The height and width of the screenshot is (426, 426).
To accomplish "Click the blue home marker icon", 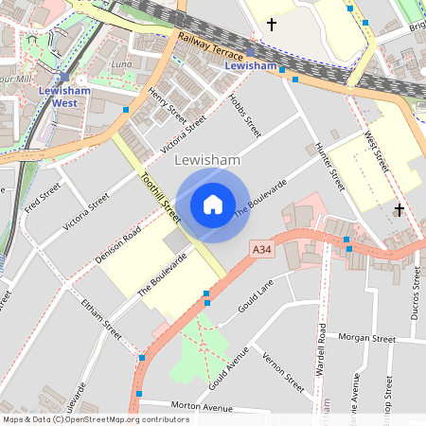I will (213, 204).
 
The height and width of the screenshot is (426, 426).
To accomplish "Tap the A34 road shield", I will (263, 249).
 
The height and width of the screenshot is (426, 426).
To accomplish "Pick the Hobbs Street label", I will (247, 115).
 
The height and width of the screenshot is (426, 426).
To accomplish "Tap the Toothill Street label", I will (160, 196).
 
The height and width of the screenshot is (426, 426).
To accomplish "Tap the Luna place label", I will (122, 63).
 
